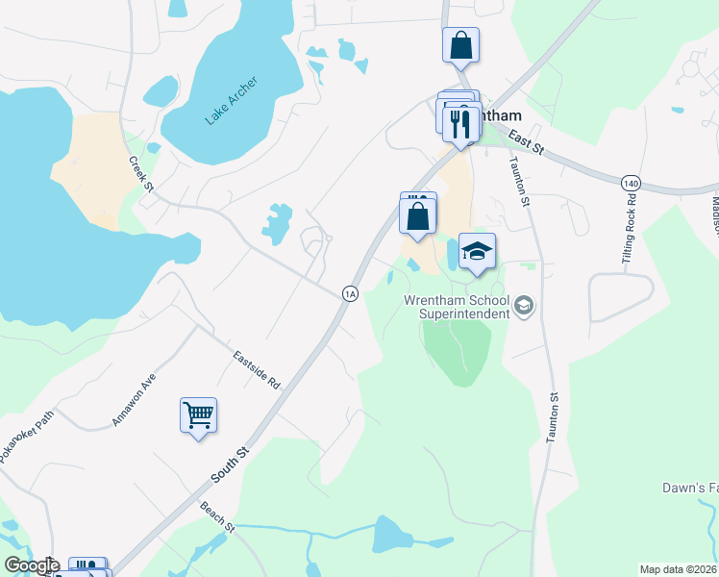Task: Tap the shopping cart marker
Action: [198, 415]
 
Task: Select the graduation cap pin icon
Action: [477, 251]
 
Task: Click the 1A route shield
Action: [350, 293]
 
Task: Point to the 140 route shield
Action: [631, 182]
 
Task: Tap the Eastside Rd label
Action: [256, 368]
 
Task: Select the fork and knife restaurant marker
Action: [460, 120]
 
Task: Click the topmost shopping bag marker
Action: [460, 45]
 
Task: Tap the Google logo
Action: [31, 565]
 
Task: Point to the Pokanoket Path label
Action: [27, 439]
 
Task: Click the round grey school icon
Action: [524, 307]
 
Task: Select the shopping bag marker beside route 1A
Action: [418, 216]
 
